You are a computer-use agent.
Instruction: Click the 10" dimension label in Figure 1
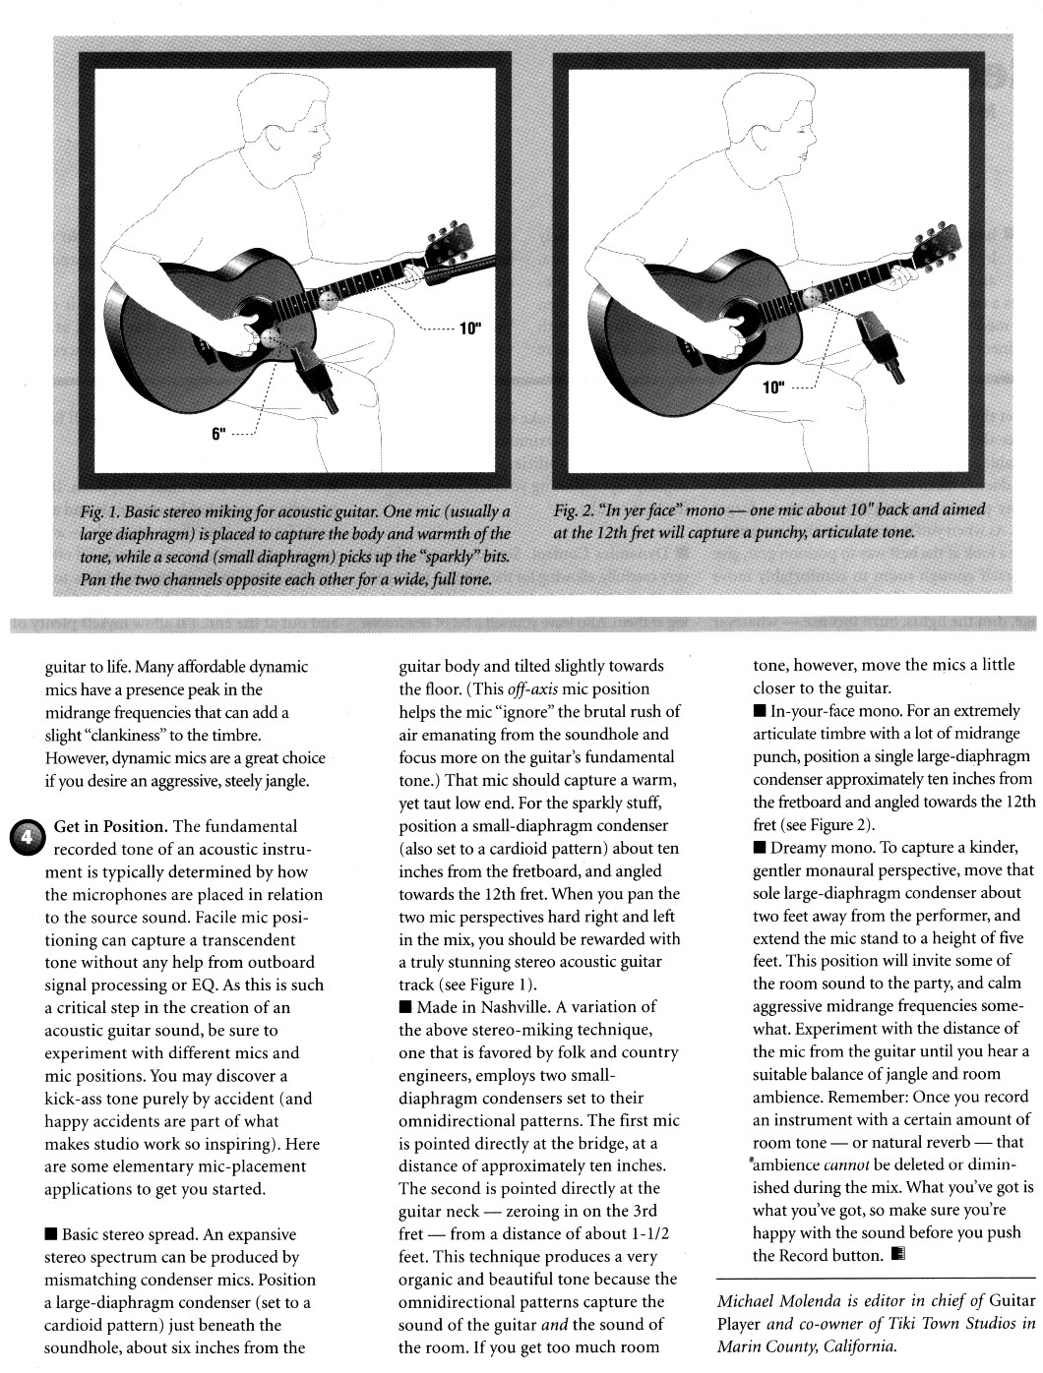click(469, 328)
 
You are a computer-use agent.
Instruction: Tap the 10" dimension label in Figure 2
click(773, 387)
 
